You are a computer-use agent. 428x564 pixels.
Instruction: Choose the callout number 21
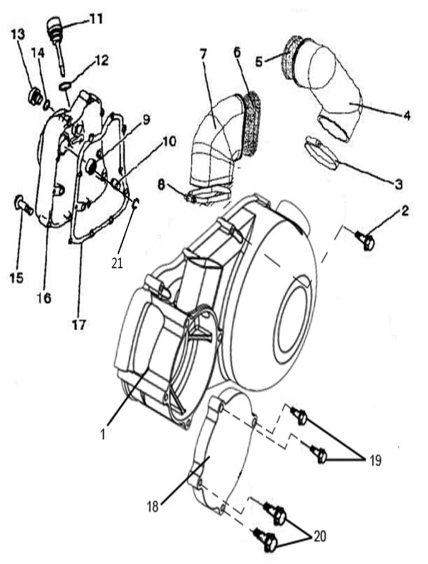point(117,263)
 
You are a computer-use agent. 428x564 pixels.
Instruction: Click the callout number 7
point(204,54)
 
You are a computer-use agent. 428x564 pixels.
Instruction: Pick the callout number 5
point(259,62)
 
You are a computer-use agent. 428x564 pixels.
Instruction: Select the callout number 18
point(153,507)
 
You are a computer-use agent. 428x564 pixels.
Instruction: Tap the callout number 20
point(321,536)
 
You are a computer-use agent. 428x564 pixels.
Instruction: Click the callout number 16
point(45,298)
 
